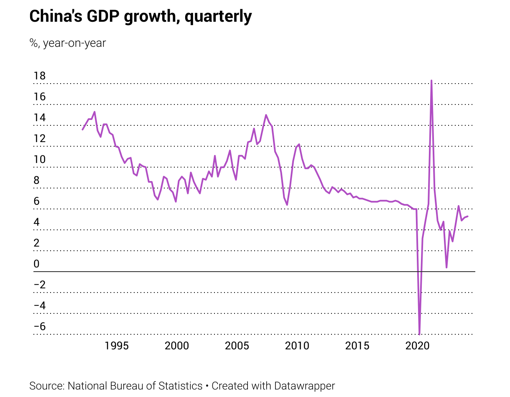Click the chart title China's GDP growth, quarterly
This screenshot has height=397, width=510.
(140, 17)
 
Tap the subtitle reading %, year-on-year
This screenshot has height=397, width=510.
(68, 43)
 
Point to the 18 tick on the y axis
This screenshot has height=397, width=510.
(40, 76)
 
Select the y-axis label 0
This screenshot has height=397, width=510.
(36, 264)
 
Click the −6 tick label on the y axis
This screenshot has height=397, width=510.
(40, 326)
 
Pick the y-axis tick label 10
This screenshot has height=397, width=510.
(40, 160)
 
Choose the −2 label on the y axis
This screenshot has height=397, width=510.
(40, 285)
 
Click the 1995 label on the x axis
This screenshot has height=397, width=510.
(116, 346)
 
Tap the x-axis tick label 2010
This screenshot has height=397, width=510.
(297, 346)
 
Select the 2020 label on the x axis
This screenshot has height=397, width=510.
(418, 346)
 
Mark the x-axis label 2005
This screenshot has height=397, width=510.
(237, 346)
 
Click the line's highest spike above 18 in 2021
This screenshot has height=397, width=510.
(431, 81)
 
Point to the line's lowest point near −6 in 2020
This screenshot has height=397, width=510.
(419, 334)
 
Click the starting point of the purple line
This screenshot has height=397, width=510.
(82, 130)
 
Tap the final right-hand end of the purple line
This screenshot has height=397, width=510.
(467, 216)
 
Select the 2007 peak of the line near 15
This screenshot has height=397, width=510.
(266, 115)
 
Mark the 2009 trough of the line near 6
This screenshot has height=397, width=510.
(287, 204)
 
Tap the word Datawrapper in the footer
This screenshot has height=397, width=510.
(304, 386)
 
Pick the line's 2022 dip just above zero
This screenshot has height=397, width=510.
(446, 267)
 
